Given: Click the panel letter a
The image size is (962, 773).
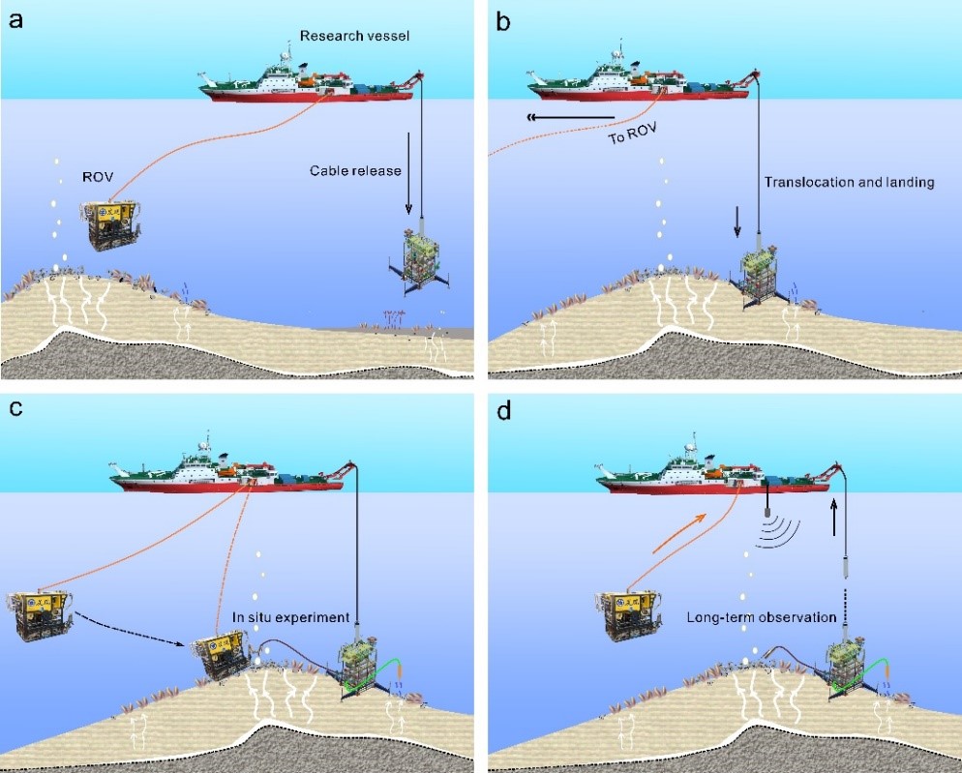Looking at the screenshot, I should (15, 18).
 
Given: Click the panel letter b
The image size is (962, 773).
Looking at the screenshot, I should (503, 18).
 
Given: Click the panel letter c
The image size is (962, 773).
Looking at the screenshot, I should (15, 408).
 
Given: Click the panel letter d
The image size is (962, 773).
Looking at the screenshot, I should (503, 408).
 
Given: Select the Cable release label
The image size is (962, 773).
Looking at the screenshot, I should (355, 170).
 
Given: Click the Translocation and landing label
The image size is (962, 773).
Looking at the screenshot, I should (849, 182).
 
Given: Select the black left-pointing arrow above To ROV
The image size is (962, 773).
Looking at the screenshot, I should (571, 118).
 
